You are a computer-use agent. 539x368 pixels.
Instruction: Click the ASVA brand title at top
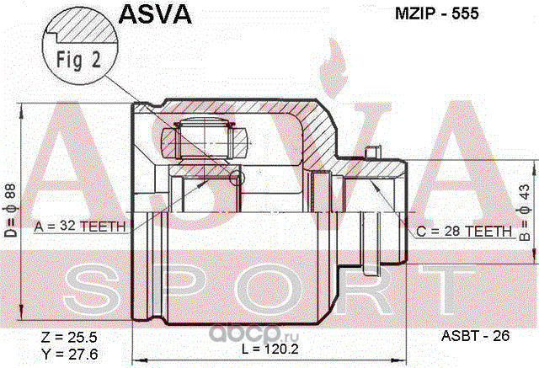(x=155, y=13)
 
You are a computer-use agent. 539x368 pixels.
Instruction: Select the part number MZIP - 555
(x=436, y=13)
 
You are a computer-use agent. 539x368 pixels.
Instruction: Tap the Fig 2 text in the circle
(x=78, y=60)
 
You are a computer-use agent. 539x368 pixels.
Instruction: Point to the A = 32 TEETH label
(x=80, y=226)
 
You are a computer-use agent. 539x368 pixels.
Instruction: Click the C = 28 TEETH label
(x=464, y=232)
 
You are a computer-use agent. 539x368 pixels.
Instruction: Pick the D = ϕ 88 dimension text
(x=10, y=211)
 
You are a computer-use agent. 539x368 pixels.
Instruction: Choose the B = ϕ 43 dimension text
(x=525, y=212)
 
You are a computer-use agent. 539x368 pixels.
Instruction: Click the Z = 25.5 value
(x=69, y=337)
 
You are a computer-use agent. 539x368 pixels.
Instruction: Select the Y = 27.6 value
(x=69, y=354)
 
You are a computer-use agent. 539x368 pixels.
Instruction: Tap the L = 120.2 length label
(x=270, y=349)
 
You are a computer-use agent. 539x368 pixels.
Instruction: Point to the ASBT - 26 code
(x=475, y=336)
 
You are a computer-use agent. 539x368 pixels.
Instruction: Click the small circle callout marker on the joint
(x=237, y=178)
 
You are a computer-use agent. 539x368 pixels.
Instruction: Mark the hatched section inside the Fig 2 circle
(x=85, y=27)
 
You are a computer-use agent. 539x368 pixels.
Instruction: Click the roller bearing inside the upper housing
(x=205, y=140)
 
